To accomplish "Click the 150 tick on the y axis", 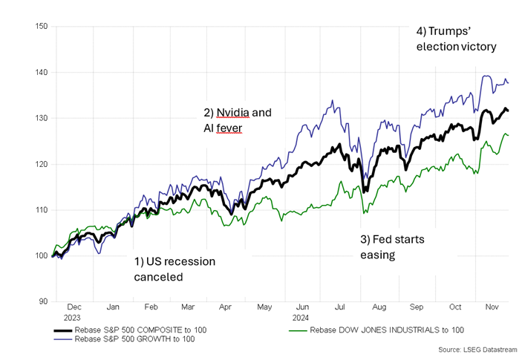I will coord(42,27).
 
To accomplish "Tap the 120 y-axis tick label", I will coord(42,164).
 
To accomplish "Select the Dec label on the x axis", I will coord(75,307).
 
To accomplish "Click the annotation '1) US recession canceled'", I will coord(174,269).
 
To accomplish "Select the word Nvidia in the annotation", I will coord(235,113).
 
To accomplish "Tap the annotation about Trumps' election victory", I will coord(456,39).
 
